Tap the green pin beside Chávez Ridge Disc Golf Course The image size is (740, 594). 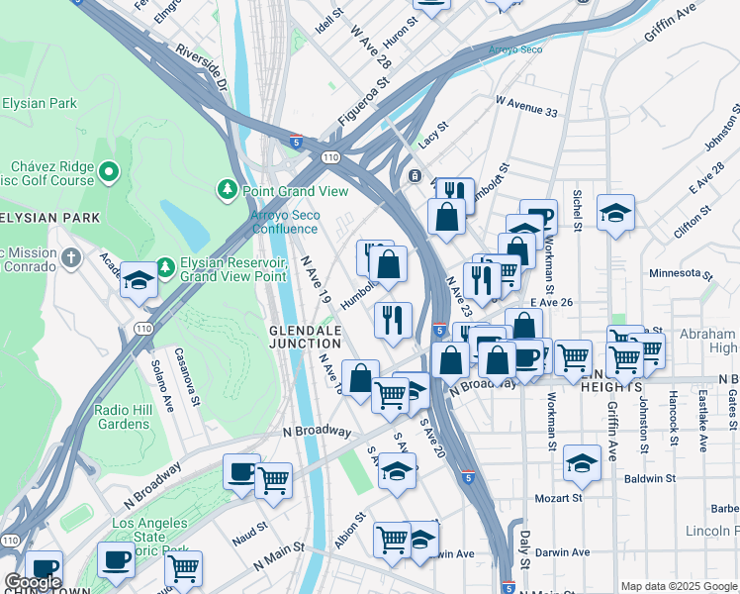pos(109,174)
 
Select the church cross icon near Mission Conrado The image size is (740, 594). pos(70,258)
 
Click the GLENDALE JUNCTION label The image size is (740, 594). pos(305,337)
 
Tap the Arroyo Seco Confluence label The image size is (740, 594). pos(284,222)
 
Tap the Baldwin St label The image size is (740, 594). pos(650,478)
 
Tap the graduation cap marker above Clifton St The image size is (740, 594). pos(615,212)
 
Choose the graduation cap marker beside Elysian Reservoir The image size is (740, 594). pos(139,279)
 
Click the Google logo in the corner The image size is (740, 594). pos(32,582)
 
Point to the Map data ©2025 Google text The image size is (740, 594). pos(679,586)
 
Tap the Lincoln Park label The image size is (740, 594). pos(711,531)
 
